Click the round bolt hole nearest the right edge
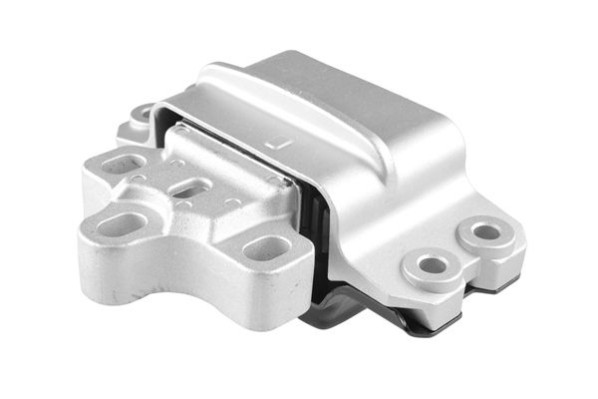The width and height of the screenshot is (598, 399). pos(485,232)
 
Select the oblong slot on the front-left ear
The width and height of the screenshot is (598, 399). pos(122,223)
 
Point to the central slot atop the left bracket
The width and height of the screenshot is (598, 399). pos(194,190)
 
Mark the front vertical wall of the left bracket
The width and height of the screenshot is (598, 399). pos(179,274)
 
